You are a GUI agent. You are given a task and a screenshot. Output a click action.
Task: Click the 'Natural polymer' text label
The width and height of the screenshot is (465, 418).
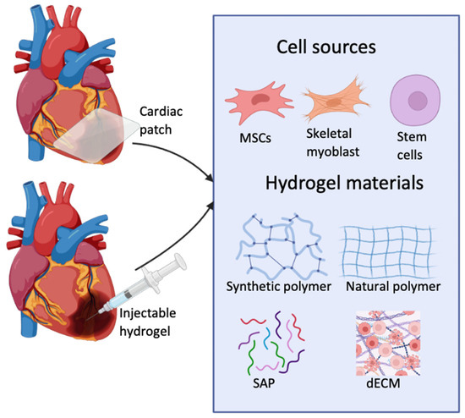(393, 286)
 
